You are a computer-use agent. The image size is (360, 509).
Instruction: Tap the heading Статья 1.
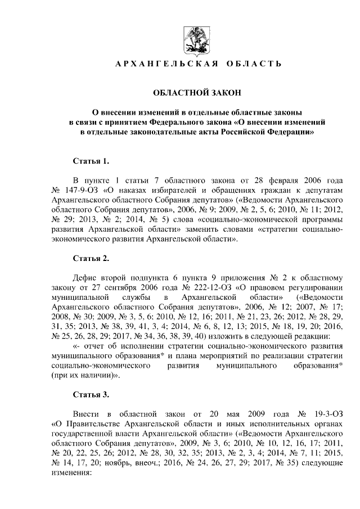pyautogui.click(x=91, y=162)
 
